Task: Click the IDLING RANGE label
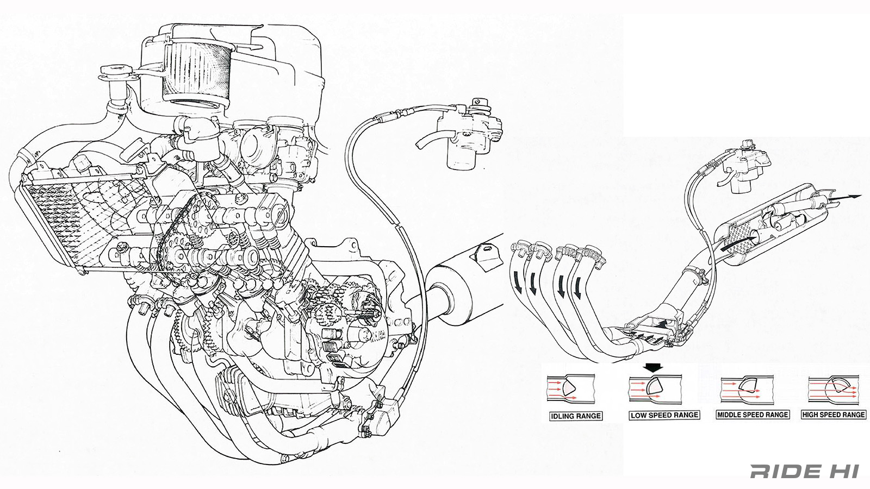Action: [576, 416]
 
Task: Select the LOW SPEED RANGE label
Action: [664, 415]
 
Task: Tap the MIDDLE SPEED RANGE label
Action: [752, 414]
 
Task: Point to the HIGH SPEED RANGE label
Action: [834, 414]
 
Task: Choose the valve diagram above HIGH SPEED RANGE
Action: [832, 388]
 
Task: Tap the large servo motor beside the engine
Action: [468, 133]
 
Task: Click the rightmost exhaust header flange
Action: [590, 255]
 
